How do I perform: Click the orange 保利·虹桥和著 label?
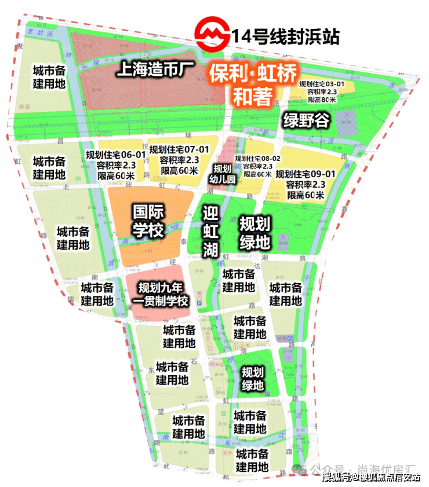pos(253,85)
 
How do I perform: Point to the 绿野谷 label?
pos(306,120)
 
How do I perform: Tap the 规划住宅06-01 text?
pos(115,155)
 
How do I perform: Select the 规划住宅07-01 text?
pos(179,149)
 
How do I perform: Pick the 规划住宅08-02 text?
pos(257,158)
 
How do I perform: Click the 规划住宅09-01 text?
pos(306,173)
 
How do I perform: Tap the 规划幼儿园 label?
pos(222,174)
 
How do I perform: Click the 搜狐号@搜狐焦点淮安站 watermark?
pos(370,477)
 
